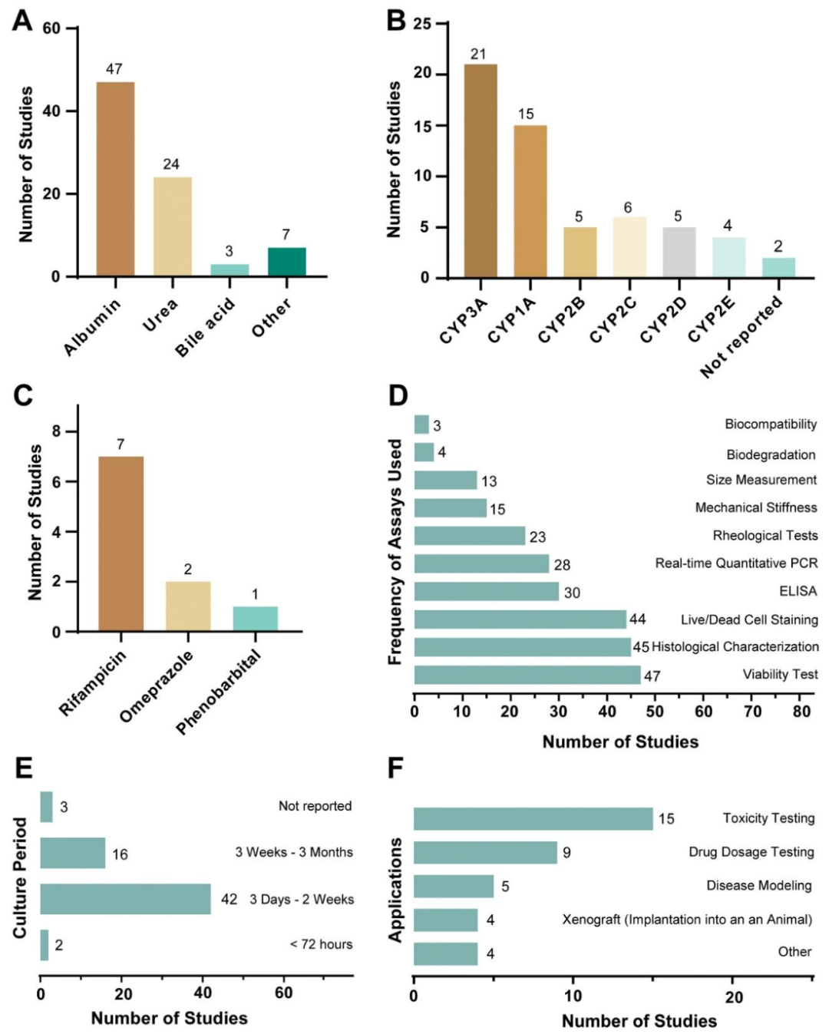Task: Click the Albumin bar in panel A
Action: [115, 178]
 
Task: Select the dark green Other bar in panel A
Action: [286, 262]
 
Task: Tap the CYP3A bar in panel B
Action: [481, 170]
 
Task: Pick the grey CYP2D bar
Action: [679, 252]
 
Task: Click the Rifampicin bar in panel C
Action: [121, 543]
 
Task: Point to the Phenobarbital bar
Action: [255, 619]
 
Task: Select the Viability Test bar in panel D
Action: [527, 675]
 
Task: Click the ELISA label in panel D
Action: [798, 591]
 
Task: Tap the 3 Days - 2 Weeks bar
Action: [125, 899]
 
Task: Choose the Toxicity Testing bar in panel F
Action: [533, 818]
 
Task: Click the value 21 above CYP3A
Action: [478, 54]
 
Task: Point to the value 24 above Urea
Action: [171, 164]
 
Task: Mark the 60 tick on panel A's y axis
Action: [51, 28]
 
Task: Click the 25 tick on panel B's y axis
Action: [422, 24]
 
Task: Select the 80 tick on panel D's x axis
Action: [801, 711]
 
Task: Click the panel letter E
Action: [23, 768]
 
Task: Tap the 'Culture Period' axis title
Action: [20, 877]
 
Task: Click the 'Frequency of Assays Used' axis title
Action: [395, 551]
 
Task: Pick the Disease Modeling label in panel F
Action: [758, 885]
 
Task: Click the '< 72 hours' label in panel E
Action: [321, 944]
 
